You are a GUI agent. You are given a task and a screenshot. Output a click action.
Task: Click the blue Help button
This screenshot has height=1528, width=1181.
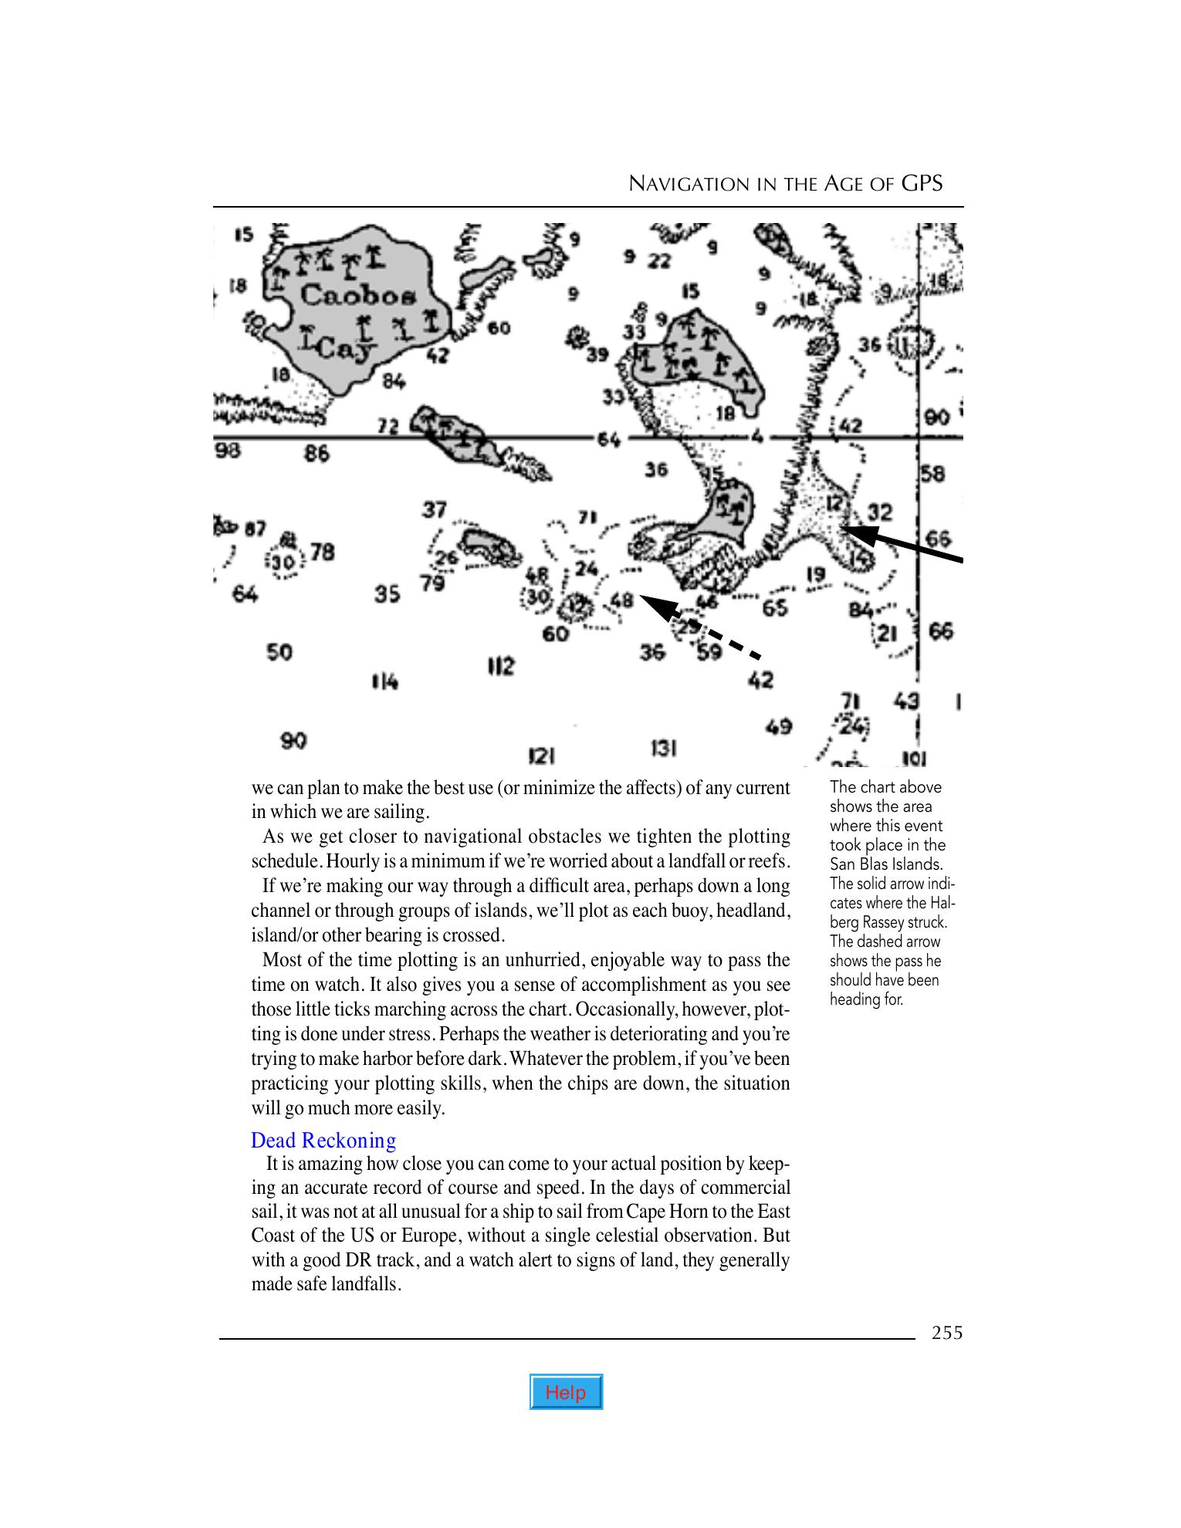click(566, 1391)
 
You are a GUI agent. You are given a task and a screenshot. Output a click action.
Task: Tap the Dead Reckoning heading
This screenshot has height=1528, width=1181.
click(323, 1140)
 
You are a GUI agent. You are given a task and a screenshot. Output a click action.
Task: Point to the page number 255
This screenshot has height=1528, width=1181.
click(947, 1333)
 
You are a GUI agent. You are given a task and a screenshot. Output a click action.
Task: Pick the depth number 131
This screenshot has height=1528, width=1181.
click(664, 748)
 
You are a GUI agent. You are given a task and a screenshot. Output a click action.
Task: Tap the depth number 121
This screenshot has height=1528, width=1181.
click(542, 754)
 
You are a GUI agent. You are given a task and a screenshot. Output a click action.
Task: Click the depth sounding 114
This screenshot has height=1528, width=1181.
click(384, 681)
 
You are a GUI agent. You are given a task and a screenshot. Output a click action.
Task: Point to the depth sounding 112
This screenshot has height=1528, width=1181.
click(501, 665)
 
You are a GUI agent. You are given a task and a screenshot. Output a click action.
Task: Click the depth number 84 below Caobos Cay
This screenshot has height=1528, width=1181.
click(393, 380)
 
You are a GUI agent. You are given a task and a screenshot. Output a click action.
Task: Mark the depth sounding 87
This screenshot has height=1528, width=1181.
click(255, 529)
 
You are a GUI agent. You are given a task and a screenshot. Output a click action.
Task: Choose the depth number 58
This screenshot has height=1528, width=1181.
click(932, 473)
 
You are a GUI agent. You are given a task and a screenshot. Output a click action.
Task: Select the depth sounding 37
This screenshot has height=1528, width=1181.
click(435, 509)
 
